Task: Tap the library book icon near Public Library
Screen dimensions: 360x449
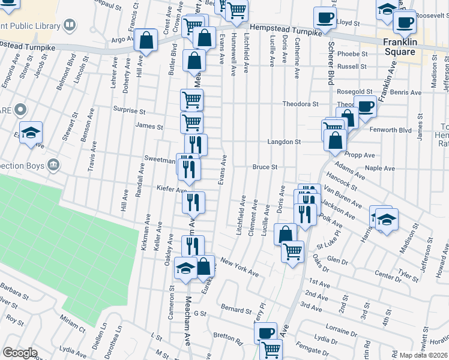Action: coord(70,25)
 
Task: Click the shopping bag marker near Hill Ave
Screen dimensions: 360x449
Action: coord(146,41)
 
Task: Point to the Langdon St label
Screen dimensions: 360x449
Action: coord(284,142)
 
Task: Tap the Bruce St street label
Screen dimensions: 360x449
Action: coord(264,167)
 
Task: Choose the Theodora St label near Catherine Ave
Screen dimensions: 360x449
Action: coord(300,104)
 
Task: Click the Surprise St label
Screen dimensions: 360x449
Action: coord(130,111)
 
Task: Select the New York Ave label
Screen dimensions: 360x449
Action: coord(239,268)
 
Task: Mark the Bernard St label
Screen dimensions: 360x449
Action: coord(236,311)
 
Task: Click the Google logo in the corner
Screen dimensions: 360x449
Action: coord(20,353)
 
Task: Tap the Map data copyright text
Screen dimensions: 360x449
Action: coord(423,355)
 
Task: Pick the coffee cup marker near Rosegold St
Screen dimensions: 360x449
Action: coord(365,106)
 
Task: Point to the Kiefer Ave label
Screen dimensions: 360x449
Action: coord(172,190)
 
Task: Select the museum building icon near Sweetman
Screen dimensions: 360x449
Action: coord(53,164)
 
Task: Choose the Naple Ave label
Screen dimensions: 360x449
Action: coord(379,169)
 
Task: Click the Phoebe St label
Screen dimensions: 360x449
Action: coord(353,53)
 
